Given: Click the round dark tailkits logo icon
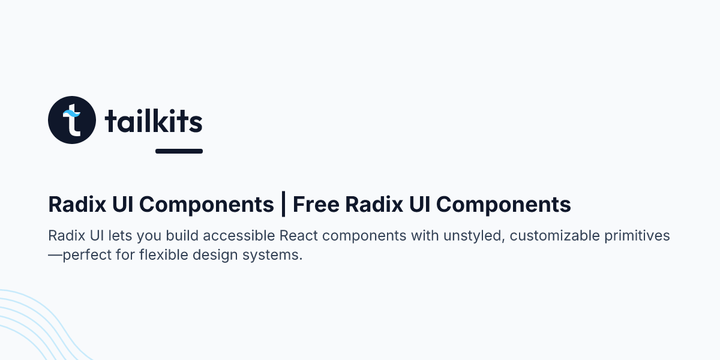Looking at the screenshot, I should click(72, 120).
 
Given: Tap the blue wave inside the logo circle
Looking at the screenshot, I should click(73, 113).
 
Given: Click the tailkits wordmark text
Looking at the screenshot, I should click(153, 122).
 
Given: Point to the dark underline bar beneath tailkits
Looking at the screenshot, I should click(179, 151).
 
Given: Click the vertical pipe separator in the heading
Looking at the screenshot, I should click(283, 205).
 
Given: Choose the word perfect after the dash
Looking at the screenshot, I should click(86, 255).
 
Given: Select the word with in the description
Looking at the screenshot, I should click(425, 236).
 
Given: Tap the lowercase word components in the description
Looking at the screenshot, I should click(370, 236).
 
